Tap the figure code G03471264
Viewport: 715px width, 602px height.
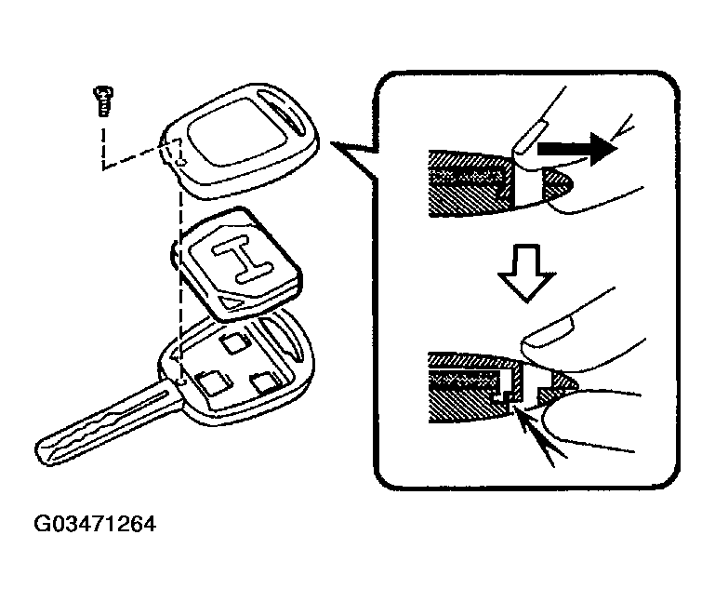[x=95, y=524]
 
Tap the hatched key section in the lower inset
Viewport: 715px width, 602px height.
[x=465, y=384]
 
